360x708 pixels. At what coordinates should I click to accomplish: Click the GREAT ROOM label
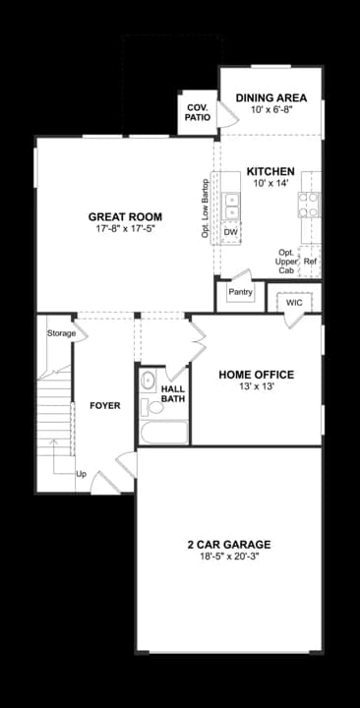[125, 217]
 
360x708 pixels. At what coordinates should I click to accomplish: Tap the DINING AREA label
[271, 98]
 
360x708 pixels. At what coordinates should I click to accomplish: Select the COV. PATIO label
[197, 111]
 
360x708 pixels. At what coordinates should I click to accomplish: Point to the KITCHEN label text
[270, 171]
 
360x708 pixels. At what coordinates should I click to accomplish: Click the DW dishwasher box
[231, 233]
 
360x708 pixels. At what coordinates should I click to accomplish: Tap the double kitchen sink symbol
[232, 206]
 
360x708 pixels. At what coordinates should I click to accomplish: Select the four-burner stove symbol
[309, 204]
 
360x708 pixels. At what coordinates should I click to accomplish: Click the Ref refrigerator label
[311, 263]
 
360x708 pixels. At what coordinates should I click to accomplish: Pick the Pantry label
[241, 292]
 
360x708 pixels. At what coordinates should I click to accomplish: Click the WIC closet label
[294, 303]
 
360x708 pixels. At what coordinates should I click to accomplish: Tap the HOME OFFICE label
[256, 374]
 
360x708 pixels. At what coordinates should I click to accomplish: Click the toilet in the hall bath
[149, 382]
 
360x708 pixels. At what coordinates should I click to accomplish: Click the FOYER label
[105, 406]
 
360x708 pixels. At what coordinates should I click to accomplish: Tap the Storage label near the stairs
[61, 334]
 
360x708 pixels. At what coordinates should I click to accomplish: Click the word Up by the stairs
[82, 473]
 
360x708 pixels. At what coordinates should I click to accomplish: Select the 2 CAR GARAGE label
[228, 545]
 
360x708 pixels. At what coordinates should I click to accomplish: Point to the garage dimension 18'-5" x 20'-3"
[228, 558]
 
